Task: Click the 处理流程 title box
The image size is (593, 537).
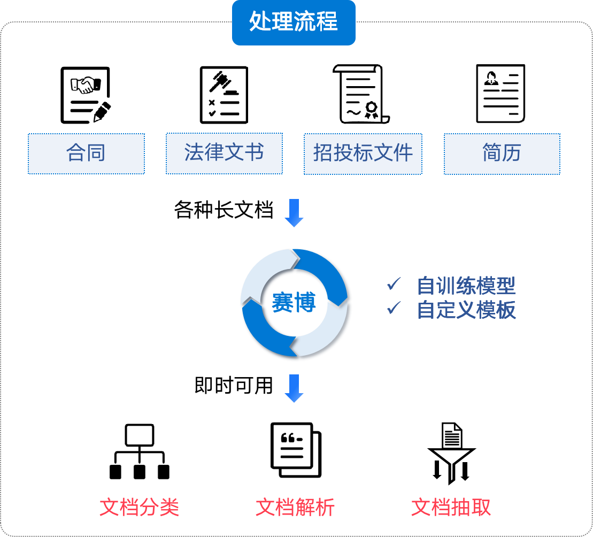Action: point(294,22)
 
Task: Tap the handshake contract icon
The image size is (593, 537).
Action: point(86,95)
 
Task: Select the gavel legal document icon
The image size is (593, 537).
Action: point(225,95)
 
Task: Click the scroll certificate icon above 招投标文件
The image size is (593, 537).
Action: point(362,94)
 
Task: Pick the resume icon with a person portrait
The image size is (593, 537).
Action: point(501,93)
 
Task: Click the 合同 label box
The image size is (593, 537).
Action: point(86,154)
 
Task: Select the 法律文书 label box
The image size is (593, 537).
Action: point(224,154)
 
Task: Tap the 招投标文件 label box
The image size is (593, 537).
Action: point(363,154)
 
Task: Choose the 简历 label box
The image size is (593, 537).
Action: point(502,154)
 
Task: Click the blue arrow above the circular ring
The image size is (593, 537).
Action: point(294,213)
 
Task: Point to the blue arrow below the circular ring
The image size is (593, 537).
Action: point(294,388)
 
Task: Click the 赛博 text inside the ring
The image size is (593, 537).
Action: point(294,303)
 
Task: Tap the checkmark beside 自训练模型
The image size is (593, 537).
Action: point(394,284)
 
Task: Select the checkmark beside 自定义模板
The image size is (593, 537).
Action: point(394,308)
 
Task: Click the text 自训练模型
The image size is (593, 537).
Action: point(466,286)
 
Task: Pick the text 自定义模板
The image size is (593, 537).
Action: point(466,310)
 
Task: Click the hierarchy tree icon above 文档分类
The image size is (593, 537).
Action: point(140,451)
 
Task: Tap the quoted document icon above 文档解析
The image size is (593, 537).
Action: point(296,450)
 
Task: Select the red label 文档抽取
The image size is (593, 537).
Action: point(451,507)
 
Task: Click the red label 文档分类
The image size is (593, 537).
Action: point(139,507)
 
